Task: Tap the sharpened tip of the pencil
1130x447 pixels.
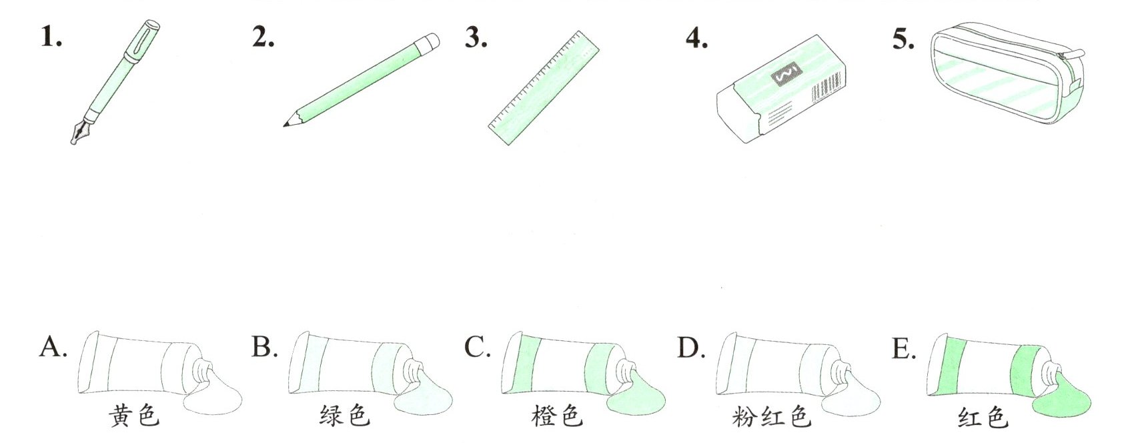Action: (288, 123)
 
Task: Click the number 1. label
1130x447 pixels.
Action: (51, 38)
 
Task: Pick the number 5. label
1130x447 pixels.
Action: (903, 39)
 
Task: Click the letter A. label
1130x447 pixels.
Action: (53, 348)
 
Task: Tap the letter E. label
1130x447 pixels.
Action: (903, 348)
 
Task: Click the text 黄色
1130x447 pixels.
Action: (135, 416)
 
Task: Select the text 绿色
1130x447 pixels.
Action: (344, 416)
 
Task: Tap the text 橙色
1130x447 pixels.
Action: (557, 416)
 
